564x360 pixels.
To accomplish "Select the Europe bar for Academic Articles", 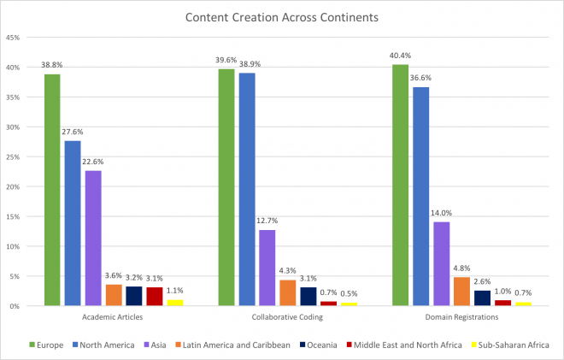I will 52,189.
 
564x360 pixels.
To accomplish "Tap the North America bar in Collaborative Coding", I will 247,189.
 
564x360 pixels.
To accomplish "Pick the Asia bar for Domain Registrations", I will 441,263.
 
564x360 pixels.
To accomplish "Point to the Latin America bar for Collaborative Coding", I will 287,292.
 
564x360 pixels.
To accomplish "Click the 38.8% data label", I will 52,65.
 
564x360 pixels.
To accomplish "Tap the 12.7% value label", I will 267,221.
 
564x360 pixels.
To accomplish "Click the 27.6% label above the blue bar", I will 73,132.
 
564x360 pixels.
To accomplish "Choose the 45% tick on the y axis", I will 15,38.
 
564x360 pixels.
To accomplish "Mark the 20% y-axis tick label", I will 15,186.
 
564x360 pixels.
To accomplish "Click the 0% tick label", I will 16,305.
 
